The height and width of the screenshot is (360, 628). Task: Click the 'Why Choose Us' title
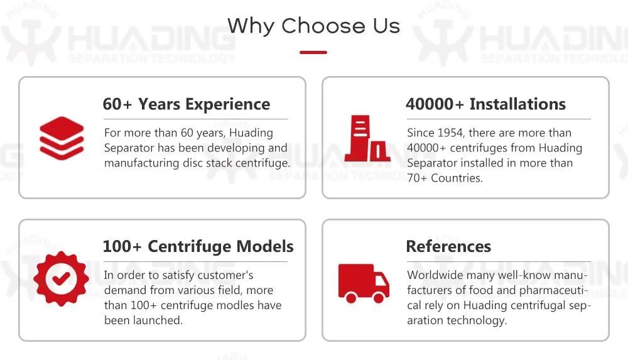coord(313,26)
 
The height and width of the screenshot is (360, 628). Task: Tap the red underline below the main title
coord(313,52)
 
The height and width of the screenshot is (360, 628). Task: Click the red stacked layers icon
coord(62,138)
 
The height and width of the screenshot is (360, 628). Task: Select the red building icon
coord(367,138)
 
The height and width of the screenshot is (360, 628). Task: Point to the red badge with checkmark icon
coord(62,278)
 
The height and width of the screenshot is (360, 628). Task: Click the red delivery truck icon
coord(364,283)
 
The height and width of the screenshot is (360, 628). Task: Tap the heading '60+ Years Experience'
coord(187,104)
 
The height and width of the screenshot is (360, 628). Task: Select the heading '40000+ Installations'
coord(485,104)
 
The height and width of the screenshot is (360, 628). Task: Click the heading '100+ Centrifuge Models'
coord(198,246)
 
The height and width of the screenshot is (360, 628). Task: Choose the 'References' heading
coord(448,246)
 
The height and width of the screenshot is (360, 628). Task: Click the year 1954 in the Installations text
coord(450,133)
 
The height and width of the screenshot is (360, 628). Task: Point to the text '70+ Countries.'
coord(445,178)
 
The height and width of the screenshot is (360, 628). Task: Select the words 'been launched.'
coord(143,320)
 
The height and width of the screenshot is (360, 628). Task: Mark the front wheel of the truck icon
coord(379,297)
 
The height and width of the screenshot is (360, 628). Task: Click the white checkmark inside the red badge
coord(62,278)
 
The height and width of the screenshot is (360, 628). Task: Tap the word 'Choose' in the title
coord(323,26)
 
